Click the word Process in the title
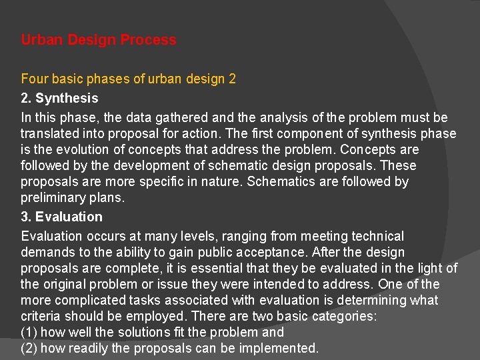[149, 40]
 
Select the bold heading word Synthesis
[67, 99]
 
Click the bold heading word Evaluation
[69, 217]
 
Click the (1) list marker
[30, 332]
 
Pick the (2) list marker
[30, 348]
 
